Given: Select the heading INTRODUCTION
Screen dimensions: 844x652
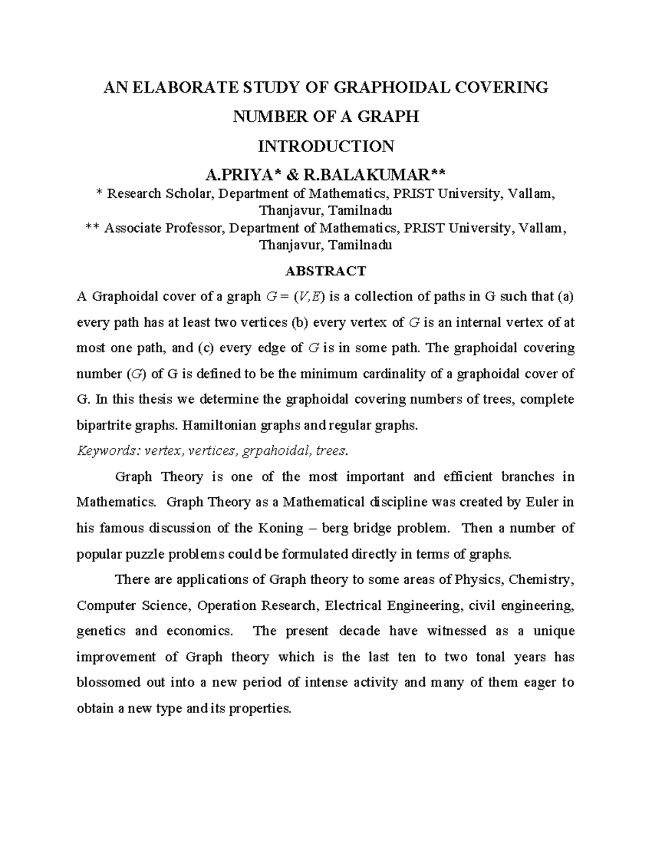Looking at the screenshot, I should coord(326,146).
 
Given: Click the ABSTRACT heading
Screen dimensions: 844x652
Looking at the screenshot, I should coord(326,271).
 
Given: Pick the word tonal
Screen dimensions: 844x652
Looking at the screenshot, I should coord(491,657).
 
